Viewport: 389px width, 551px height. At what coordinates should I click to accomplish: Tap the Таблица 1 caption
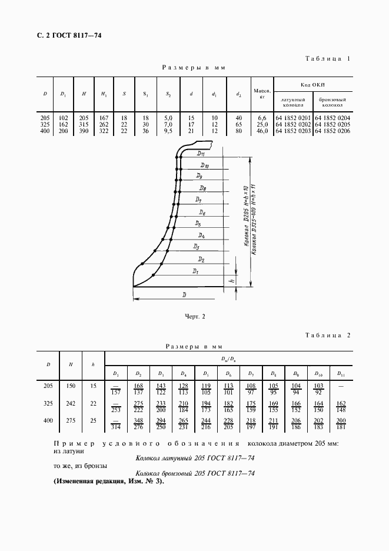[328, 59]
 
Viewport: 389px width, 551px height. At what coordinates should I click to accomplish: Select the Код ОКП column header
[313, 84]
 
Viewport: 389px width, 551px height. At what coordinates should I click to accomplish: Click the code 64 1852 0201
[293, 118]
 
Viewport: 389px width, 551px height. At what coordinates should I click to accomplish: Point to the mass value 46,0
[262, 131]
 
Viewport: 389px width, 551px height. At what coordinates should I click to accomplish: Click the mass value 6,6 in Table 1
[262, 118]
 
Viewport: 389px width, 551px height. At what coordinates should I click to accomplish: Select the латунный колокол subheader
[293, 102]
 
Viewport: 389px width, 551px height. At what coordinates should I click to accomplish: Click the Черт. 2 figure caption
[194, 317]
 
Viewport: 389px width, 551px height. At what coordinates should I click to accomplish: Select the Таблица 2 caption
[328, 335]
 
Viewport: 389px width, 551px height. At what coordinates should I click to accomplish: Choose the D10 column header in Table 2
[318, 373]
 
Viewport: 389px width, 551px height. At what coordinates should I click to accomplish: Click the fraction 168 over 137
[139, 389]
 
